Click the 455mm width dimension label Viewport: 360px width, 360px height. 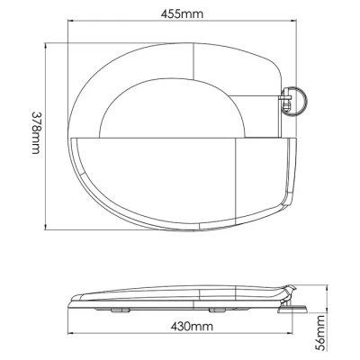click(182, 13)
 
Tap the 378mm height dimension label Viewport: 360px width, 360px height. click(36, 133)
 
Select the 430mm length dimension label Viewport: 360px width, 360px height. click(192, 326)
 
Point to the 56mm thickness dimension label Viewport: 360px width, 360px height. click(320, 332)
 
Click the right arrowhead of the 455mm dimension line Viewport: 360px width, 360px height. click(293, 21)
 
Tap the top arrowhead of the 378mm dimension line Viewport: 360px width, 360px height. click(45, 46)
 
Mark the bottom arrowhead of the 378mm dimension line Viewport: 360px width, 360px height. click(45, 227)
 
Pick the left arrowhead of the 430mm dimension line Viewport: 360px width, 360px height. click(71, 333)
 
